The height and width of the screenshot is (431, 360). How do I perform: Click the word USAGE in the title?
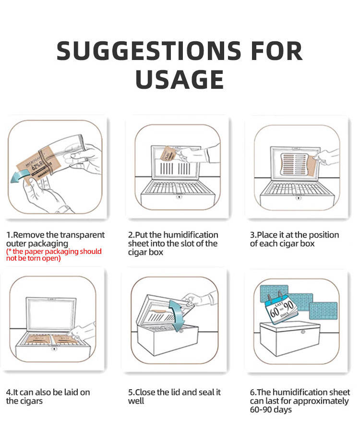point(180,79)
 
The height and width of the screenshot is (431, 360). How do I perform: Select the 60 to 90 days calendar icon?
point(281,308)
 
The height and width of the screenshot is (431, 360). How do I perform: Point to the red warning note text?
point(54,255)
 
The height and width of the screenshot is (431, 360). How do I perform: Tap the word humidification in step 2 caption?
point(191,235)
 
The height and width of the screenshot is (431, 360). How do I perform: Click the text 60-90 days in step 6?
point(271,410)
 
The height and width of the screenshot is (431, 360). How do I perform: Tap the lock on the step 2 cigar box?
point(179,197)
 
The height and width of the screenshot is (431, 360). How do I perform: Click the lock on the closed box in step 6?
point(303,332)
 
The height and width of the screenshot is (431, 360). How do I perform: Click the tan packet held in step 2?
point(168,154)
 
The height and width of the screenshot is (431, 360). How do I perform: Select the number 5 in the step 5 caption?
point(130,393)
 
